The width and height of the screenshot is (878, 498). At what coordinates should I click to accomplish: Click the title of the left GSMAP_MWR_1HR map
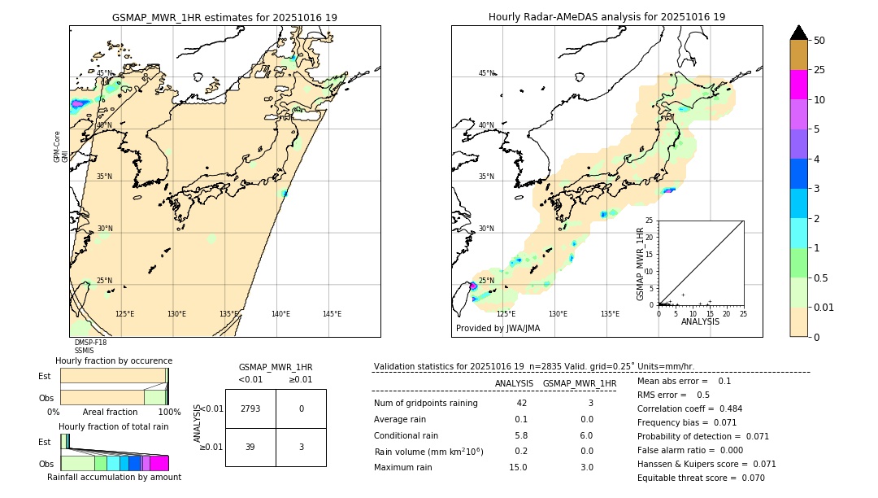[x=224, y=17]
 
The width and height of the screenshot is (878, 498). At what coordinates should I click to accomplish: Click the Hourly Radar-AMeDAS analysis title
[x=606, y=17]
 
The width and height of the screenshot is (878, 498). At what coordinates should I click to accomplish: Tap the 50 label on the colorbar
[x=819, y=41]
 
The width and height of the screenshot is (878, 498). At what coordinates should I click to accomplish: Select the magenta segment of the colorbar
[x=799, y=85]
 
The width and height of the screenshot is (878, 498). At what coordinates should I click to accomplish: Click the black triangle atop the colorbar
[x=799, y=33]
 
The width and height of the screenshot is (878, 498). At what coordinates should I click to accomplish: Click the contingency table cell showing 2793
[x=250, y=408]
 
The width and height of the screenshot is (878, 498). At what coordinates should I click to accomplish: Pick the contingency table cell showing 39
[x=250, y=447]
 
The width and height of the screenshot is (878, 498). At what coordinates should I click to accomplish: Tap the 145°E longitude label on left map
[x=332, y=314]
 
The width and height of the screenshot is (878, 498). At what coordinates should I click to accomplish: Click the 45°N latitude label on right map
[x=486, y=73]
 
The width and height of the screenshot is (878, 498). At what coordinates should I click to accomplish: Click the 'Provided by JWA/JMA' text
[x=498, y=329]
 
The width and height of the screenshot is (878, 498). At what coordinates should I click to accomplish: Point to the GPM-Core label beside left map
[x=58, y=146]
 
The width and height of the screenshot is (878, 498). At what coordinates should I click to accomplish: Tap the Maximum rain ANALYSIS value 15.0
[x=518, y=467]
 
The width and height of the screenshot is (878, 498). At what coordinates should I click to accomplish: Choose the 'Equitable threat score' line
[x=701, y=478]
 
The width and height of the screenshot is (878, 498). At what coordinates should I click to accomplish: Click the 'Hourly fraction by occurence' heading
[x=114, y=360]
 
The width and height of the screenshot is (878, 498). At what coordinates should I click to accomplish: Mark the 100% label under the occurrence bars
[x=169, y=413]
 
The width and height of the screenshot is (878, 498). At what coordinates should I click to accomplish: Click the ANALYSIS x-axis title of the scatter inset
[x=699, y=322]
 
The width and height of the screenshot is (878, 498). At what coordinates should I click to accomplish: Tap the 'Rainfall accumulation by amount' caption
[x=114, y=477]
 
